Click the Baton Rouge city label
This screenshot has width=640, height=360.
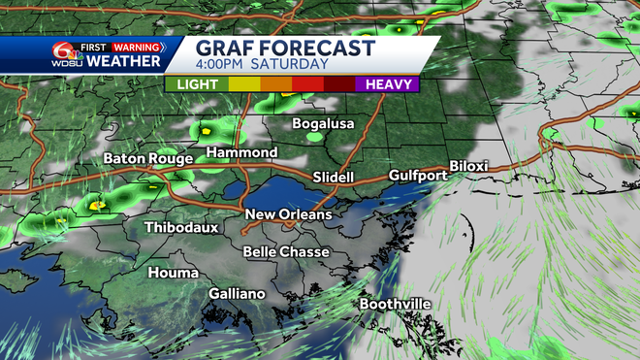[146, 158]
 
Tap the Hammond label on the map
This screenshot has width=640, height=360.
[241, 153]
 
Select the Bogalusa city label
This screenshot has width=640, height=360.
[325, 124]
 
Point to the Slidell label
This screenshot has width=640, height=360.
[336, 178]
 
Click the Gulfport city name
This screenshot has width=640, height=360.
[418, 176]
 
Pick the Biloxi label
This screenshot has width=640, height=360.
[469, 166]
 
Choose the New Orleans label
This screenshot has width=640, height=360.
[288, 214]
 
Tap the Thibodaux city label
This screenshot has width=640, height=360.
[179, 228]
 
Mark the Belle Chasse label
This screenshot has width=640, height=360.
[286, 251]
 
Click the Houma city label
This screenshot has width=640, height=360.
[173, 273]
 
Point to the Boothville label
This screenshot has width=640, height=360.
[395, 305]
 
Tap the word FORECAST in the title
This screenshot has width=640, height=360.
[313, 49]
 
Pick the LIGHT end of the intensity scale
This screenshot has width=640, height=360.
[196, 85]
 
